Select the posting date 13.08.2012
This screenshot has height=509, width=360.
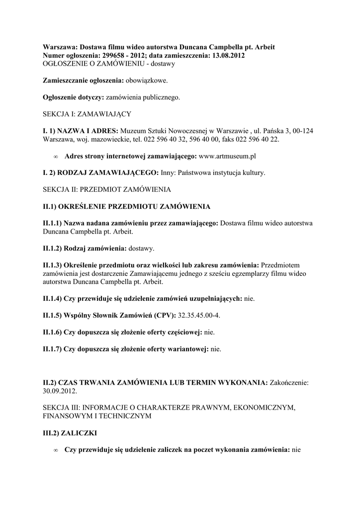coord(226,56)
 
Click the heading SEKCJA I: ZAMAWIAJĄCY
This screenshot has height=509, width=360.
coord(87,114)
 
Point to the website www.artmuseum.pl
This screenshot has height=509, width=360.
coord(227,156)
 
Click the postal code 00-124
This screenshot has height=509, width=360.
coord(302,131)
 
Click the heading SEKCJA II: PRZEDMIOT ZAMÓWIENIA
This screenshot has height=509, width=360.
coord(107,189)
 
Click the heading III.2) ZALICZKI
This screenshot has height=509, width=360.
coord(70,433)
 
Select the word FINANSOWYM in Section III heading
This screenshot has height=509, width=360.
coord(66,416)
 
